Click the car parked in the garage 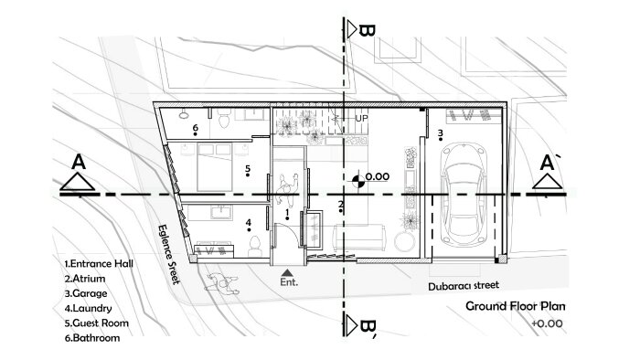pos(464,194)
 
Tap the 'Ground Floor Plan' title pos(516,306)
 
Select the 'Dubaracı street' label pos(464,286)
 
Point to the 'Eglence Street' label pos(168,254)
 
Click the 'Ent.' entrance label pos(289,281)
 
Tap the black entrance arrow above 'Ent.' pos(287,272)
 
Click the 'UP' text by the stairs pos(361,118)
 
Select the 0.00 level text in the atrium pos(377,176)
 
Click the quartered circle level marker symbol pos(358,182)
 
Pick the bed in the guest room pos(215,166)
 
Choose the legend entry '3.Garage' pos(86,293)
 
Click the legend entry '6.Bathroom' pos(92,338)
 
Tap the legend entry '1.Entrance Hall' pos(99,264)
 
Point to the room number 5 pos(248,168)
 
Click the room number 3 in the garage pos(440,132)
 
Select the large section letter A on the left pos(79,162)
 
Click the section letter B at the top pos(367,30)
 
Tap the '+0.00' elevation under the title pos(547,323)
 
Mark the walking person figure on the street pos(221,283)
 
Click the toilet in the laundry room pos(255,246)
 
